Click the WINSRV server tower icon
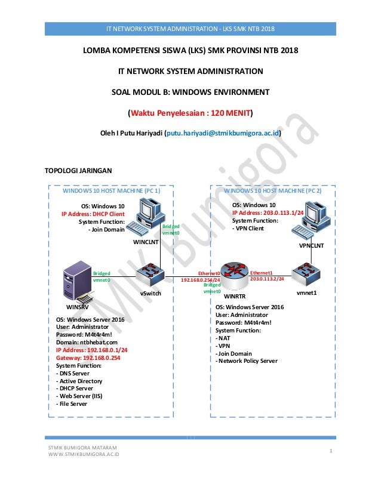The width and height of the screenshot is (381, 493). (x=78, y=283)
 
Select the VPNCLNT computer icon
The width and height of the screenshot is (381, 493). (x=316, y=221)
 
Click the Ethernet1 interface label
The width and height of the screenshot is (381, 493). (x=260, y=272)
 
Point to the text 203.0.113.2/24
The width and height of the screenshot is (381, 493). (x=266, y=278)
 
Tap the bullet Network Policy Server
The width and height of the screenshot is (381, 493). (x=247, y=360)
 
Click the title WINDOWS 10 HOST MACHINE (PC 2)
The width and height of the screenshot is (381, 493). (x=272, y=191)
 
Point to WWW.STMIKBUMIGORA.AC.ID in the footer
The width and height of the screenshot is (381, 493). (x=83, y=454)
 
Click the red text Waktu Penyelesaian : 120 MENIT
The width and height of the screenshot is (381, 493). (x=190, y=112)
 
